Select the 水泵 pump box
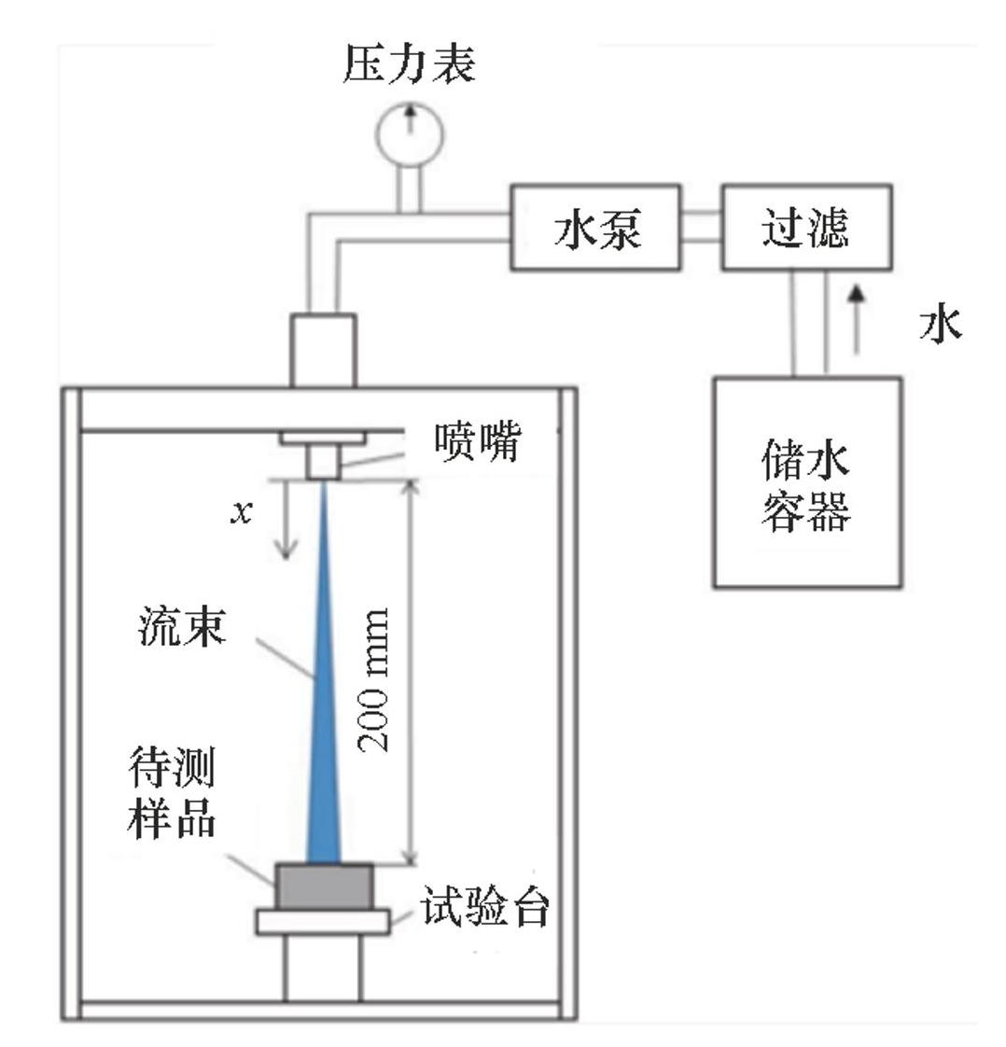coord(595,228)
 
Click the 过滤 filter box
coord(805,228)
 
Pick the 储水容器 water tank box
coord(806,482)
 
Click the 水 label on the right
coord(940,325)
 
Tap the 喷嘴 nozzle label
coord(476,442)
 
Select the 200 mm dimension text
coord(375,679)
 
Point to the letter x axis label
coord(242,512)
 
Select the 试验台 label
coord(483,907)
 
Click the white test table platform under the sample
coord(323,921)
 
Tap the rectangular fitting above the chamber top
coord(323,350)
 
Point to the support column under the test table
coord(323,967)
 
